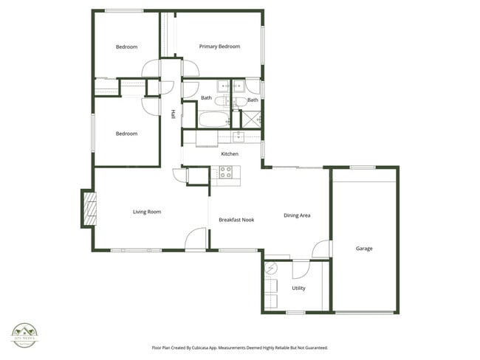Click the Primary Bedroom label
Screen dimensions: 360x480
click(219, 46)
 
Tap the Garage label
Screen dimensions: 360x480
click(364, 249)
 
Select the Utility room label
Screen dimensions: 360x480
click(298, 288)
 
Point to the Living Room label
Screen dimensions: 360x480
click(147, 212)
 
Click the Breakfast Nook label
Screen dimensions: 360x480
click(236, 220)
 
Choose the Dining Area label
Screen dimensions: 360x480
click(297, 215)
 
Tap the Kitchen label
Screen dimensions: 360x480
click(230, 153)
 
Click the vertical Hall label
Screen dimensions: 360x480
click(173, 114)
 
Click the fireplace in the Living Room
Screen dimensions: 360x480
click(89, 209)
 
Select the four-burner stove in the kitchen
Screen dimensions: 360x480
click(225, 173)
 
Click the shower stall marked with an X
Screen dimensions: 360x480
click(252, 120)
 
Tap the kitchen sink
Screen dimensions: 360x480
click(239, 136)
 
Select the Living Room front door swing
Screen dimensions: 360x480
click(196, 240)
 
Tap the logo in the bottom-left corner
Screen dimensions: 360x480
click(24, 335)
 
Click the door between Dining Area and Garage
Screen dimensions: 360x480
click(322, 249)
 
